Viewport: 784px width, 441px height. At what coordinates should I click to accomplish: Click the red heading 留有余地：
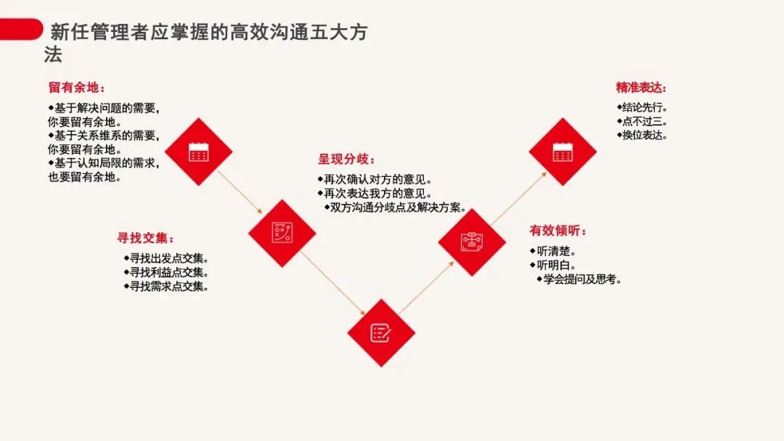[76, 88]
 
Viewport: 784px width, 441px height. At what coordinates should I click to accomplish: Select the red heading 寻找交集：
[146, 238]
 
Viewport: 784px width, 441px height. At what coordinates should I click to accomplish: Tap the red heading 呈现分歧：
[346, 160]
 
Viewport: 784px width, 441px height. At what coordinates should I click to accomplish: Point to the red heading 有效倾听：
[558, 231]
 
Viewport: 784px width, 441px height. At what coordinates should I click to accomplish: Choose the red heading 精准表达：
[641, 88]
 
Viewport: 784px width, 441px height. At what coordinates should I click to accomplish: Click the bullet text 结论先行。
[641, 107]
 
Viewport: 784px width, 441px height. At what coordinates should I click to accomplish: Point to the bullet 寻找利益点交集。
[166, 273]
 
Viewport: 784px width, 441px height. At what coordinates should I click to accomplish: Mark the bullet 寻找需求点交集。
[166, 287]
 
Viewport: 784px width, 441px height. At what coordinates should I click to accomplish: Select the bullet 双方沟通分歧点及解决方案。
[395, 207]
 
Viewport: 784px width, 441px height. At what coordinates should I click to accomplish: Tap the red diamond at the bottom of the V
[381, 333]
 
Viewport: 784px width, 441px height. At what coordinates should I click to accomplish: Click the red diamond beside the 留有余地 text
[198, 152]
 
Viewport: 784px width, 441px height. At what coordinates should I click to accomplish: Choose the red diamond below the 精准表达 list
[563, 152]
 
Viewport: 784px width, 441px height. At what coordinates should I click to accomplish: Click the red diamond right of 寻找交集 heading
[282, 233]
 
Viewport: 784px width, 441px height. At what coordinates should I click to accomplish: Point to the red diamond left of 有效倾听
[472, 242]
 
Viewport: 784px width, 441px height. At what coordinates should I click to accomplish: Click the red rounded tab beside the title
[20, 30]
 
